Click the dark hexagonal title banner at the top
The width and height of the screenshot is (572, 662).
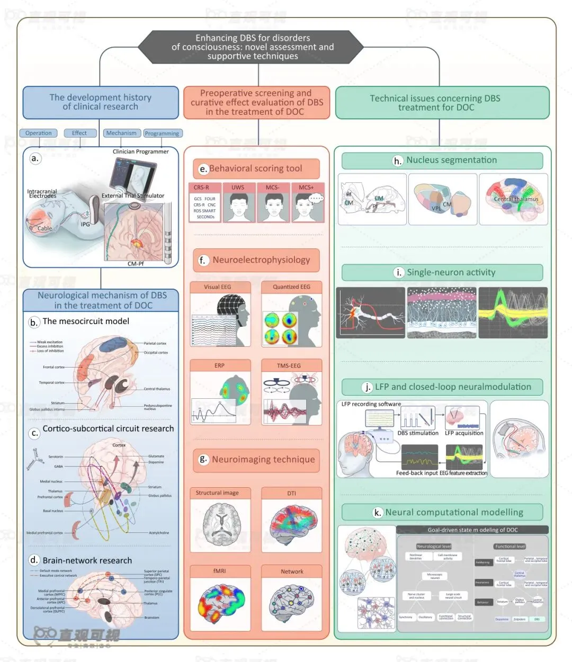[253, 47]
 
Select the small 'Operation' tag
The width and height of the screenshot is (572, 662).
[38, 133]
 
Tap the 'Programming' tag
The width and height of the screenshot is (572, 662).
[162, 133]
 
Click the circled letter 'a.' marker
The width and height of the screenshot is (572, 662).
[35, 158]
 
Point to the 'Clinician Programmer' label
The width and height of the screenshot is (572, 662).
[140, 151]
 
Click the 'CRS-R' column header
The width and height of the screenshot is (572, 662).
[201, 187]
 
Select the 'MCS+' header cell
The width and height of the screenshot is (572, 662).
[306, 187]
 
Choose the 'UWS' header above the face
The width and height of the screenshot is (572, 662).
[238, 187]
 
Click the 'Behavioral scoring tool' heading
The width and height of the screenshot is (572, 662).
[256, 168]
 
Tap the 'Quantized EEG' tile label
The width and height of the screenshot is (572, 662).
[291, 287]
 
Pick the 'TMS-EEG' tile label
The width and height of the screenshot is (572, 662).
[289, 365]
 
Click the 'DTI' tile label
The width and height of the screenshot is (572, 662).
[291, 493]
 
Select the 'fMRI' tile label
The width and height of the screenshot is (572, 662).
[219, 571]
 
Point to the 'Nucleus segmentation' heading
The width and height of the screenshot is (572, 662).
[451, 160]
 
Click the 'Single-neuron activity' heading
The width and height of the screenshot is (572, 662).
[451, 272]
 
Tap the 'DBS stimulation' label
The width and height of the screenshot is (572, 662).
[418, 433]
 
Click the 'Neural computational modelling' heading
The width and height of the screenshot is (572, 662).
[454, 512]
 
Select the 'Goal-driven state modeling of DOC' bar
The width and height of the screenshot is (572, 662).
[472, 530]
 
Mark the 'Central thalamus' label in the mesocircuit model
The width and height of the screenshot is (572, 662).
[157, 389]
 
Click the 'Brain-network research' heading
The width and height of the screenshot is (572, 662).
[87, 560]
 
